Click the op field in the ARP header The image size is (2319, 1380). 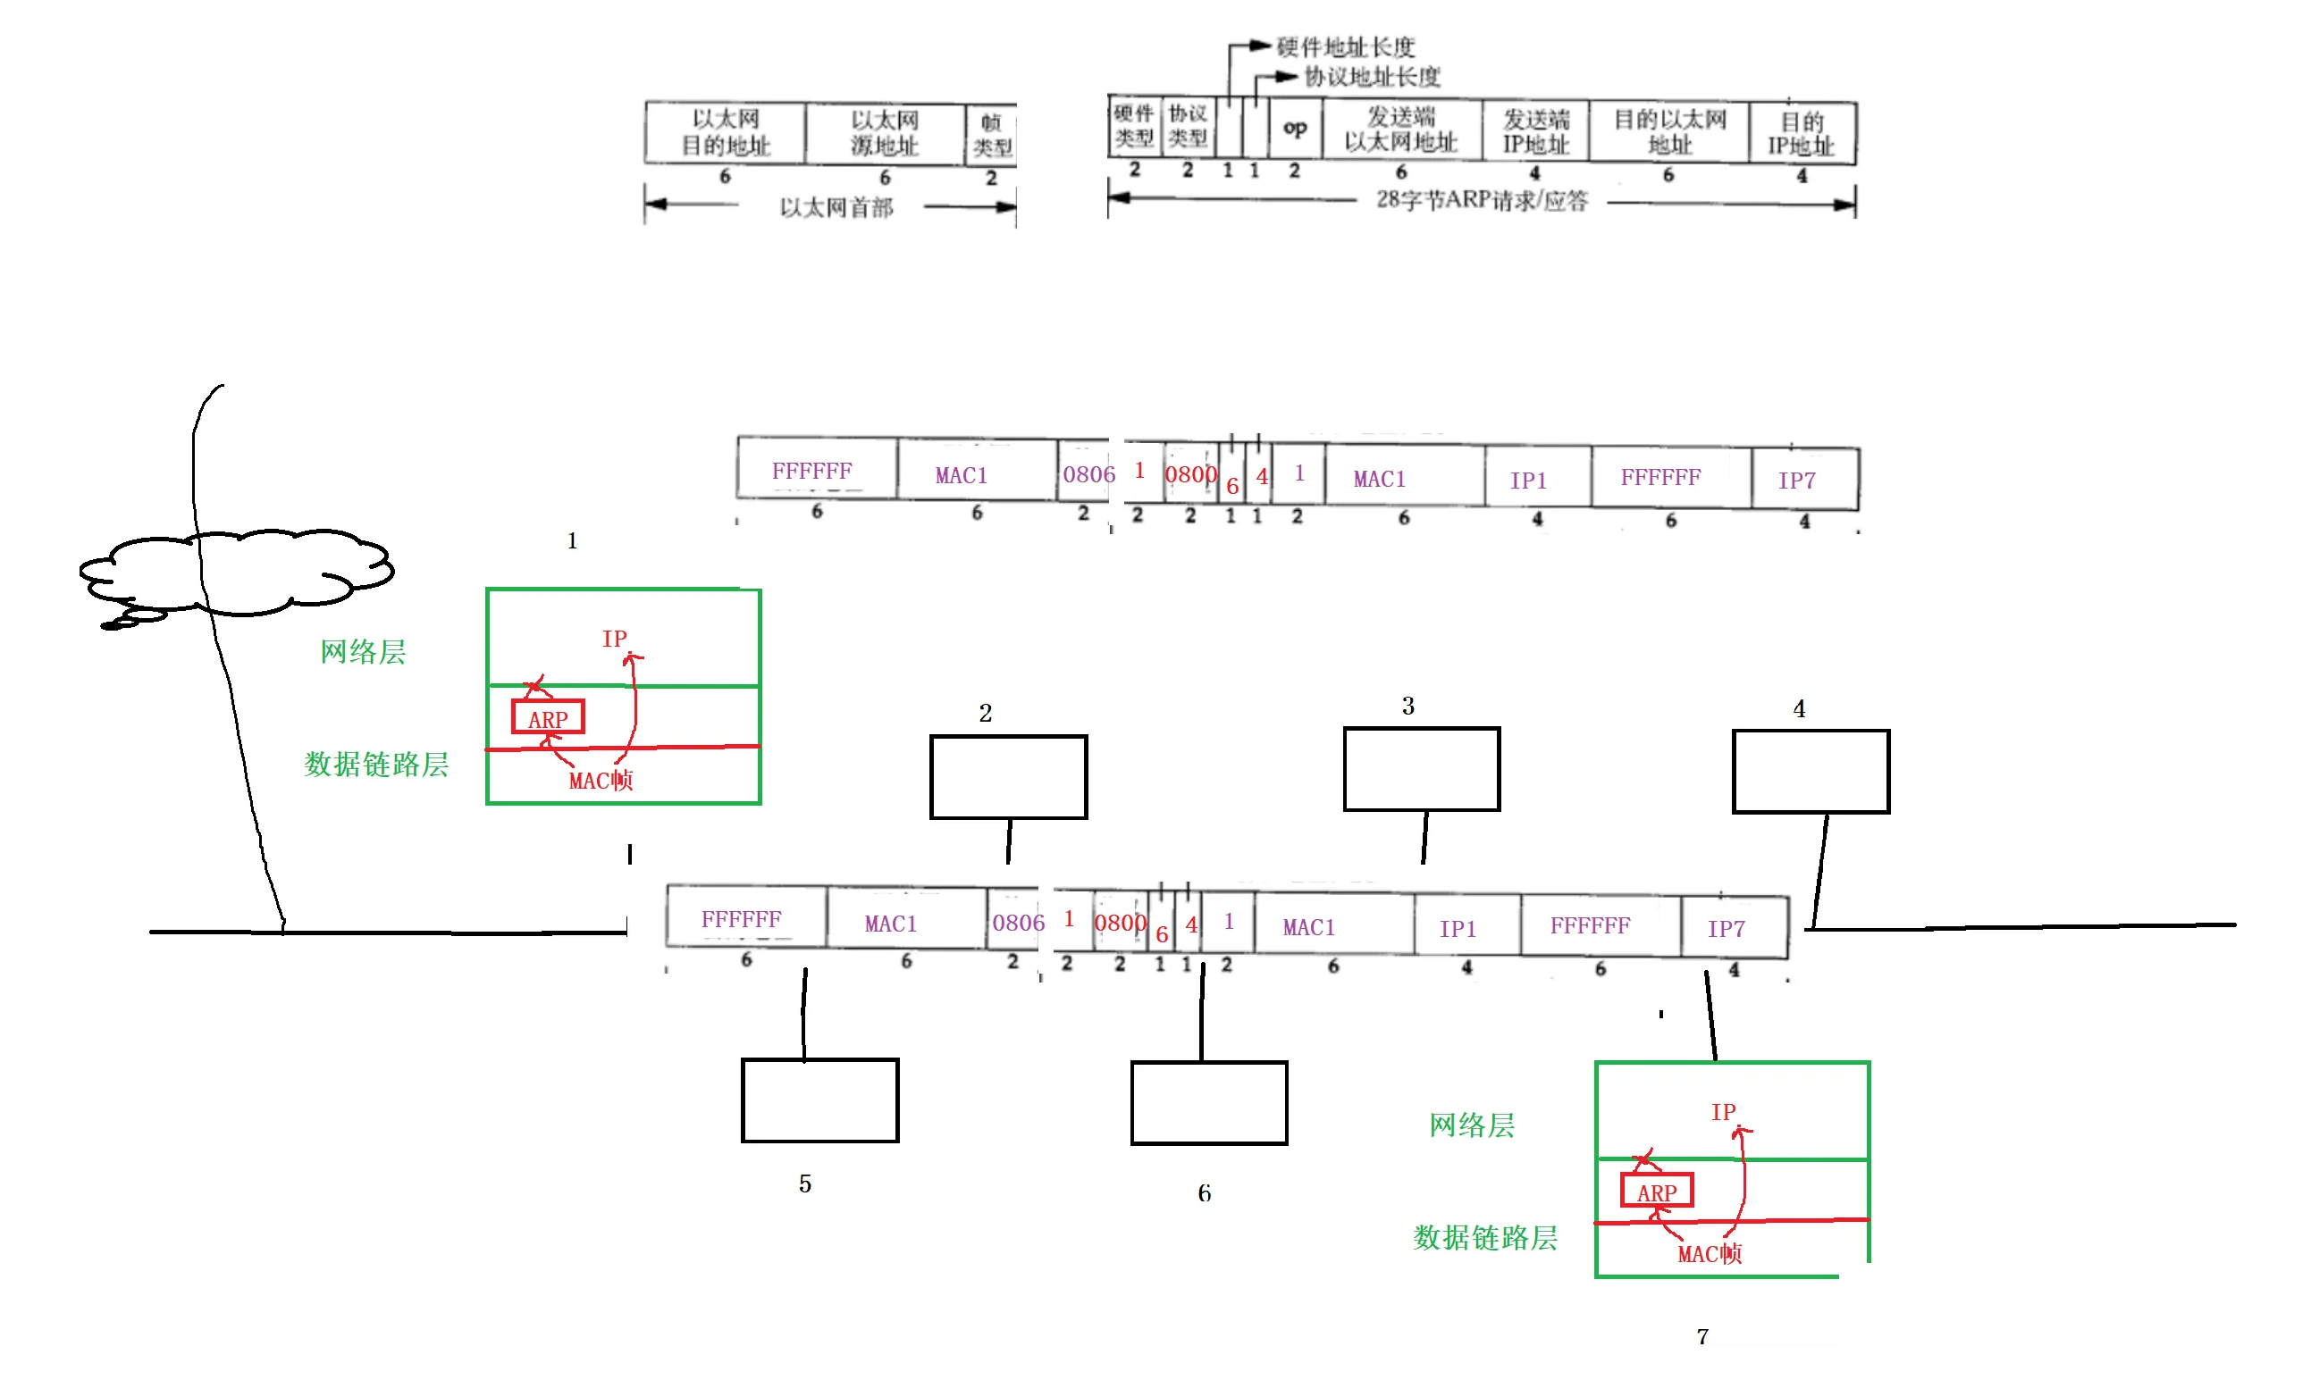click(1294, 129)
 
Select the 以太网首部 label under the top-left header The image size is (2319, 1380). click(836, 207)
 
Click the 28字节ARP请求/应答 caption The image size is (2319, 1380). click(1481, 200)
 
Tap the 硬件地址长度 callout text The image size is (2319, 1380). click(1344, 46)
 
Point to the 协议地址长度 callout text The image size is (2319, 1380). click(1371, 76)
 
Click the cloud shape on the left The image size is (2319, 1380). click(237, 573)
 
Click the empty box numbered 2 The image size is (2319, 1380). click(1008, 776)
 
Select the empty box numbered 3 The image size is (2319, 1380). click(1422, 769)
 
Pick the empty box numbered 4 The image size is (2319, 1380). click(1811, 771)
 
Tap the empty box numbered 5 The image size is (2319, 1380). click(819, 1100)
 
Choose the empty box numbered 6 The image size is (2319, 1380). click(1208, 1103)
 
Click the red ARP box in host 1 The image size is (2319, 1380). click(548, 717)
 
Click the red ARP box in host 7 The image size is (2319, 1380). click(1656, 1191)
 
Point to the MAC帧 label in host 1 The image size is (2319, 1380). click(601, 780)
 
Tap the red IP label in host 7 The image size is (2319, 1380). click(1723, 1111)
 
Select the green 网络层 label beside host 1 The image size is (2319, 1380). click(363, 652)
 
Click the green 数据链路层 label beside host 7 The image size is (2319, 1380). click(1484, 1238)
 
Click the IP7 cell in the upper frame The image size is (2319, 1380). click(1796, 480)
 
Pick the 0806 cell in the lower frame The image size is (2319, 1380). click(1018, 923)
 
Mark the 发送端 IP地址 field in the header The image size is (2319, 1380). click(1535, 132)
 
